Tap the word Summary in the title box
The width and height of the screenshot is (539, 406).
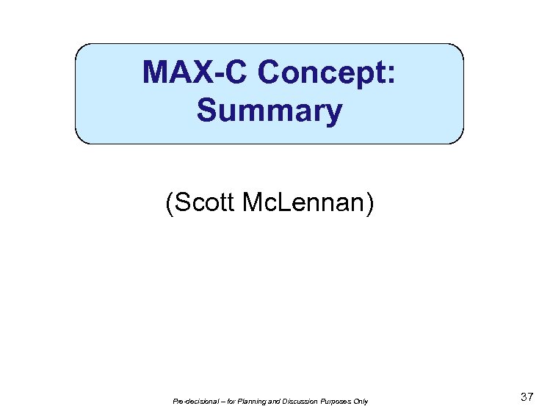[x=269, y=111]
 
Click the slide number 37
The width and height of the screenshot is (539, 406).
[x=526, y=396]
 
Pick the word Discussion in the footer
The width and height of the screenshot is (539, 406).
[x=296, y=401]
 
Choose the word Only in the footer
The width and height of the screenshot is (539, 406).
[x=360, y=401]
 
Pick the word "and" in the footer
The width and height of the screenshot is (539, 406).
[x=272, y=401]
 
